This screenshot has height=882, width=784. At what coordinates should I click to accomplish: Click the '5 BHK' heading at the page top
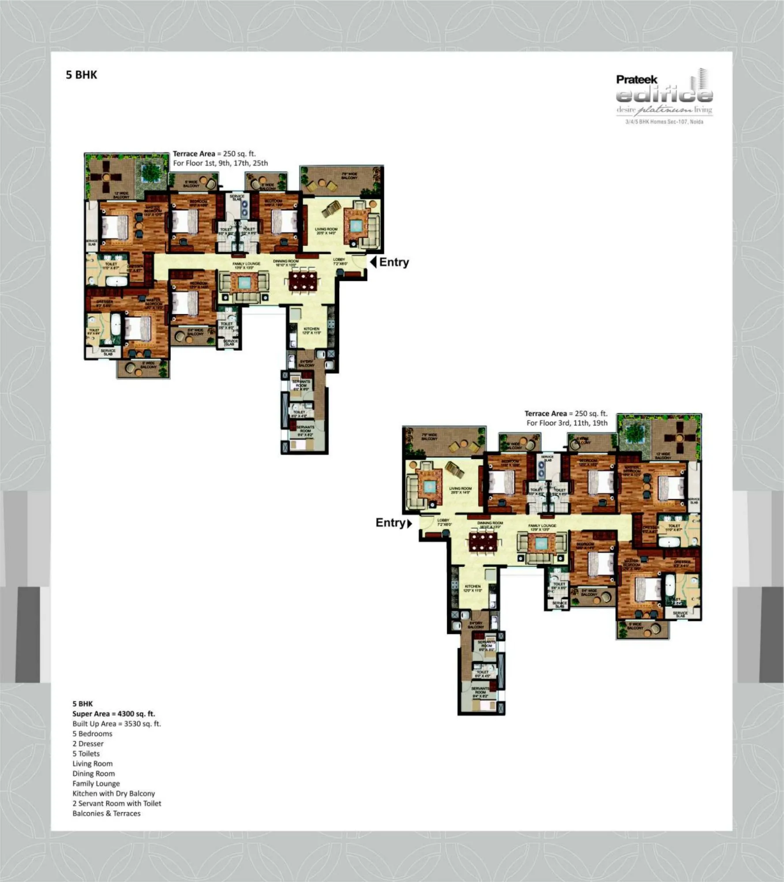point(82,75)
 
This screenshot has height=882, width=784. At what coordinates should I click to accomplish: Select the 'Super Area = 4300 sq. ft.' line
point(114,714)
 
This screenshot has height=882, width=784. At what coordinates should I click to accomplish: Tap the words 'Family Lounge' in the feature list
point(96,783)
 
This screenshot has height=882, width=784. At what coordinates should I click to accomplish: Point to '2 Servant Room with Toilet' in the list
point(117,803)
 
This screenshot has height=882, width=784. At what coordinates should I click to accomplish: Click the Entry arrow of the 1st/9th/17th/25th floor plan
point(373,262)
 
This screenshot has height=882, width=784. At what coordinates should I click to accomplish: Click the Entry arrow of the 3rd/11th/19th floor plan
point(409,523)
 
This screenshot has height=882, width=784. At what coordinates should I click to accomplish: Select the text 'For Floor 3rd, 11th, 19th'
point(566,423)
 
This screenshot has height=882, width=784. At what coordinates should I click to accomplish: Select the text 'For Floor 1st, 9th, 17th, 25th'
point(220,163)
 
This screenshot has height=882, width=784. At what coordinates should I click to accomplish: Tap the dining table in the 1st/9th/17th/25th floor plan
point(303,281)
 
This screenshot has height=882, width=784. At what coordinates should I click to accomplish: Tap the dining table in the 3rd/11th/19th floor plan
point(483,542)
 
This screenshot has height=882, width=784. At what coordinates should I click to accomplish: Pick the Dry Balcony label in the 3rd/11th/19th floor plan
point(476,625)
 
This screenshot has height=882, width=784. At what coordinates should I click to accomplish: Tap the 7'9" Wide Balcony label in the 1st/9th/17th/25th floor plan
point(349,176)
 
